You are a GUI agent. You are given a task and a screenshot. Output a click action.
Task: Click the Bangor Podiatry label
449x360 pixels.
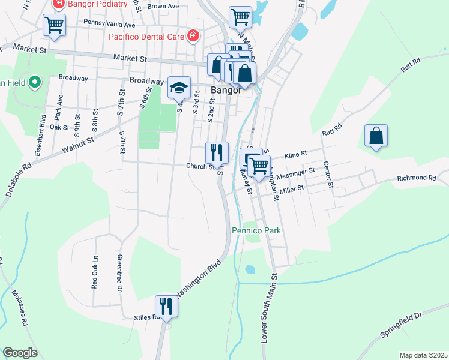click(98, 4)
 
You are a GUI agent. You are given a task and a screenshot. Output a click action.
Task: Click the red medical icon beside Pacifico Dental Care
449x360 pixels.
click(193, 36)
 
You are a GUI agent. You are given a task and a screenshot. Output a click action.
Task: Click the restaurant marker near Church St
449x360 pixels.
click(217, 152)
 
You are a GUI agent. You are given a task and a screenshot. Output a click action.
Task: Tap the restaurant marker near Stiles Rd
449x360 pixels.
click(166, 307)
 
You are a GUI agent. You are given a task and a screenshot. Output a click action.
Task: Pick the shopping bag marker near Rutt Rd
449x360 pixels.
click(376, 136)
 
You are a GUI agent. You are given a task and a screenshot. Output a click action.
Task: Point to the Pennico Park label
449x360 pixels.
click(256, 230)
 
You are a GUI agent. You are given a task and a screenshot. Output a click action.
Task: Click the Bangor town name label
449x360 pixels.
click(226, 91)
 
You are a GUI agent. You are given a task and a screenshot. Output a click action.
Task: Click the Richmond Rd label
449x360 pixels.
click(416, 178)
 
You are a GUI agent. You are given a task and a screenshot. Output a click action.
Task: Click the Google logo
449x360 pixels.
click(20, 353)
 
